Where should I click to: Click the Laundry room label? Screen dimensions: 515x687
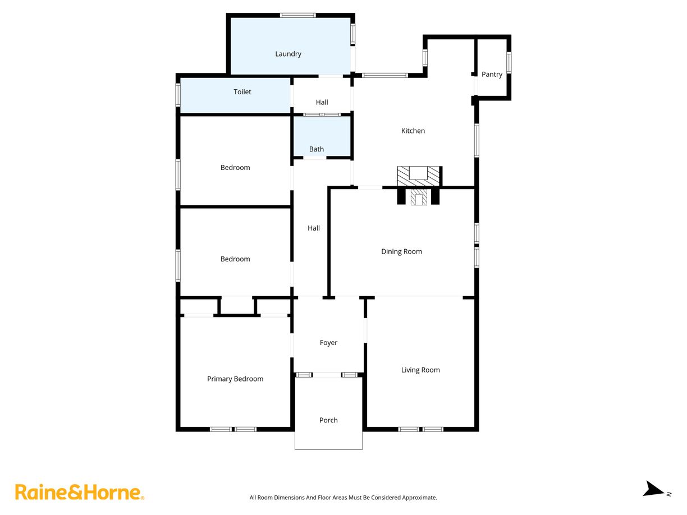(288, 54)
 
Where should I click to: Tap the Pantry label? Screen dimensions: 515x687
(492, 74)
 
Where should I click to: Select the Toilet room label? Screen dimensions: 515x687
(242, 91)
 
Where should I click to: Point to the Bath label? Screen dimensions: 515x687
(317, 149)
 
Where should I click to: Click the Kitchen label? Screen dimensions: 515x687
(413, 131)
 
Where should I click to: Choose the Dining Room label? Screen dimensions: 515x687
(401, 251)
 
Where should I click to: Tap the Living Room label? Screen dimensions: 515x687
(420, 370)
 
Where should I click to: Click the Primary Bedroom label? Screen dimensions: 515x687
(235, 379)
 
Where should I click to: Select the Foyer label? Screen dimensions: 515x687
(328, 342)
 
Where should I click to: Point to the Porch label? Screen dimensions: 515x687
(328, 420)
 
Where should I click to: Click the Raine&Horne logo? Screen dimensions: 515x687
(79, 493)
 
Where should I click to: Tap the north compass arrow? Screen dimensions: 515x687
(654, 489)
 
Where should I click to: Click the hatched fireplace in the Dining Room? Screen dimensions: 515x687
(419, 197)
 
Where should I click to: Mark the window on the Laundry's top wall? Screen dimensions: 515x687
(298, 15)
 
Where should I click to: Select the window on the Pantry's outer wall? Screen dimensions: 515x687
(509, 62)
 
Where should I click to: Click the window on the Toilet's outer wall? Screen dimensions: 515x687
(178, 94)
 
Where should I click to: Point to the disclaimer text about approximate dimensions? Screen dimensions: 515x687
(343, 498)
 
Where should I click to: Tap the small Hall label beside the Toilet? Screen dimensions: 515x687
(322, 102)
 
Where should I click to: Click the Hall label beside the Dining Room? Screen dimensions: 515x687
(314, 228)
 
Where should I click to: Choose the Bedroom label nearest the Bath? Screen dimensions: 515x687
(235, 167)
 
